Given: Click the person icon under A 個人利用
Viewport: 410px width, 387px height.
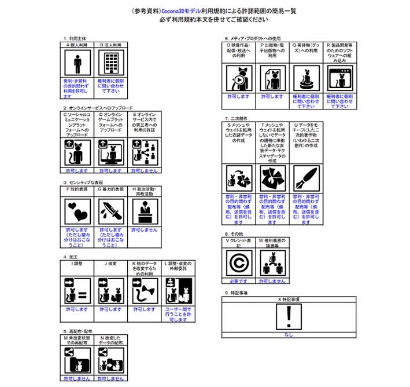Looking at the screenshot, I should (x=77, y=62).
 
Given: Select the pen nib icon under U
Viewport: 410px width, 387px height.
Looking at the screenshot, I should (x=306, y=179).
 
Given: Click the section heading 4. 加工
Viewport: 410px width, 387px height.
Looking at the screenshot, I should (x=70, y=255).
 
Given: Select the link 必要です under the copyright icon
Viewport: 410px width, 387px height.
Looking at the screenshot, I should (x=239, y=280).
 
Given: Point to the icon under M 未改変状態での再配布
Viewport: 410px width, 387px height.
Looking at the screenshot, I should (x=77, y=359).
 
